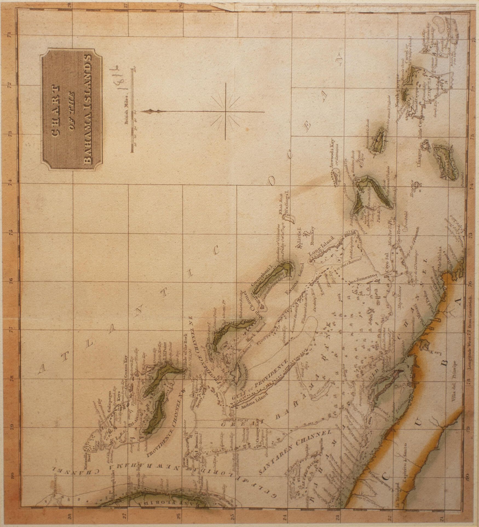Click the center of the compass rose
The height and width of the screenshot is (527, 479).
(225, 111)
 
